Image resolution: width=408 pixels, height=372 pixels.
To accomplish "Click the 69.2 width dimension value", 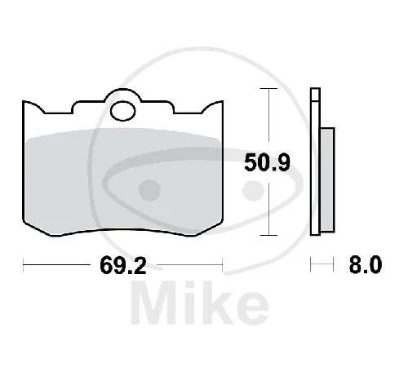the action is click(123, 265).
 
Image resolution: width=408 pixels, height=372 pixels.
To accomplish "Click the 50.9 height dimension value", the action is click(267, 162).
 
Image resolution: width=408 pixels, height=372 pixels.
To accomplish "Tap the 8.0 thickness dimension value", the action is click(366, 264).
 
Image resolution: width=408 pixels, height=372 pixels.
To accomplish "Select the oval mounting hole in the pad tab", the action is click(123, 111).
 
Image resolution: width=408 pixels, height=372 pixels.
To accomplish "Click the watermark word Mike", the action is click(200, 303).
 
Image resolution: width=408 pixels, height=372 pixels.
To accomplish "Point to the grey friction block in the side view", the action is click(327, 179).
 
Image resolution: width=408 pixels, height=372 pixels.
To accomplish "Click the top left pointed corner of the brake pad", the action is click(24, 101).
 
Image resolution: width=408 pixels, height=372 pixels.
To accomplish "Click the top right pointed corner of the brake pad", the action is click(223, 101).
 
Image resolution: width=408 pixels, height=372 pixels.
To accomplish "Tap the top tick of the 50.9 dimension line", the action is click(268, 88).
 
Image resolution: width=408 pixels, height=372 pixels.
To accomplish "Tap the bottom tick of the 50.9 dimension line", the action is click(268, 235).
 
